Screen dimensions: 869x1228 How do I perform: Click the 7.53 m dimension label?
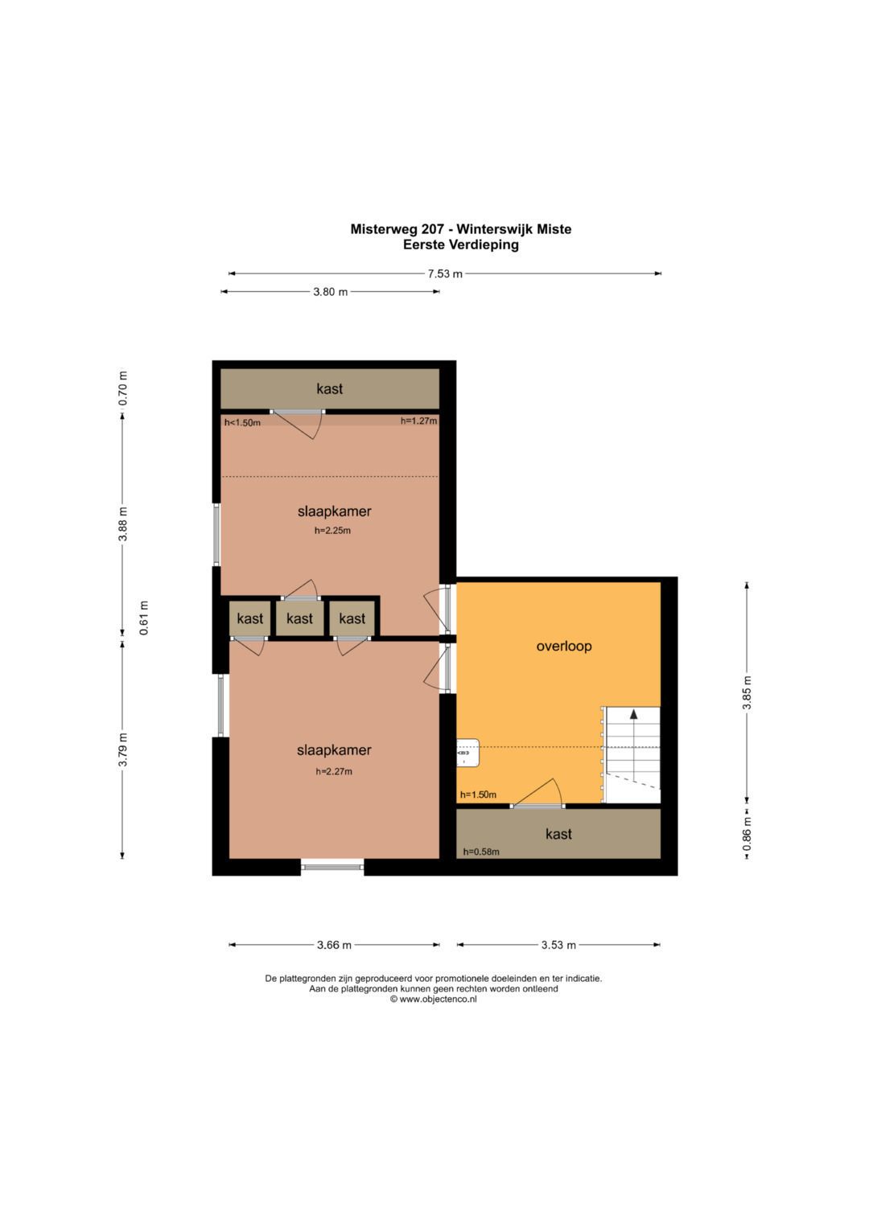point(445,273)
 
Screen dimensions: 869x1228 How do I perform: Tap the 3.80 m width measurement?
point(330,292)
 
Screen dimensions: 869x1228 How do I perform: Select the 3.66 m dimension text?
point(334,945)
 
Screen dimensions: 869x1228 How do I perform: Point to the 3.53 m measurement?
point(558,945)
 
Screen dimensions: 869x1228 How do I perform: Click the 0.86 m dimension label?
point(747,835)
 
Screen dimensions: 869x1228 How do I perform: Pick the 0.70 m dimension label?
point(123,388)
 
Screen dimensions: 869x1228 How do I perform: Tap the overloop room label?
point(564,646)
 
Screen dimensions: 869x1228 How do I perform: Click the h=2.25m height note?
point(332,531)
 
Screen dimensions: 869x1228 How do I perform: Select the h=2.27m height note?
point(334,771)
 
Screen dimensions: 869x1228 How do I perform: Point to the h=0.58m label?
point(481,852)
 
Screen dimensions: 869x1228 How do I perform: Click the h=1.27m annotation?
point(418,421)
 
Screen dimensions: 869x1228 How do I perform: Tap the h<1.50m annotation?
point(242,423)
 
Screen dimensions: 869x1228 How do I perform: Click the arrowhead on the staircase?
point(634,714)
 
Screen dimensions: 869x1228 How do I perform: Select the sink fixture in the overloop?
point(468,753)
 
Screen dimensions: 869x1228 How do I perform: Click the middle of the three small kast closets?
point(299,618)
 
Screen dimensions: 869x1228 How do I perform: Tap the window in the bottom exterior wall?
point(332,867)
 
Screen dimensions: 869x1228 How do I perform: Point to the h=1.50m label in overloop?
point(479,795)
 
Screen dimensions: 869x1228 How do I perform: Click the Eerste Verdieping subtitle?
point(461,244)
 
